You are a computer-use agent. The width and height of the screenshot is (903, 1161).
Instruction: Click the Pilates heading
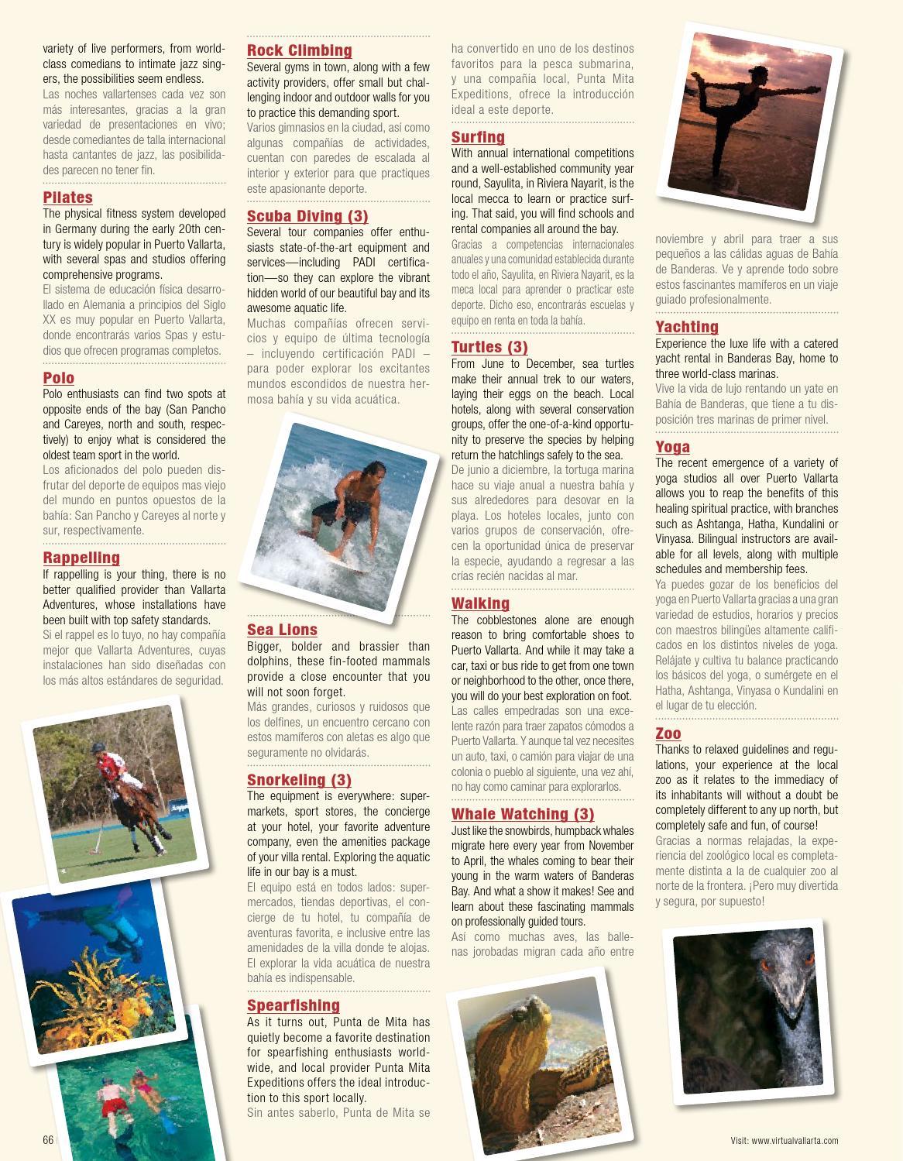(67, 198)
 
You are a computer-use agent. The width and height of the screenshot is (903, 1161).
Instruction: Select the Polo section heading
(58, 378)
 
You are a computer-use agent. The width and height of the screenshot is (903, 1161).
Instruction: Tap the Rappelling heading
(81, 558)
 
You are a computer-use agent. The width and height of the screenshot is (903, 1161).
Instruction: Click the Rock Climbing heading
(299, 51)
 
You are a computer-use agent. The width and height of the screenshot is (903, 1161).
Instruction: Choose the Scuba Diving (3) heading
(307, 216)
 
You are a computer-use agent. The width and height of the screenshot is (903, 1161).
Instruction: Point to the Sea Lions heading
(282, 630)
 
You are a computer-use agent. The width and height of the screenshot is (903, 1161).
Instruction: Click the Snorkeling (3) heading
(299, 780)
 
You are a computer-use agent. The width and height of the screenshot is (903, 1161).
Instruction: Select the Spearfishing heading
(294, 1005)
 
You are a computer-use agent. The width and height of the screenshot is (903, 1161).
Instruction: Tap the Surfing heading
(478, 138)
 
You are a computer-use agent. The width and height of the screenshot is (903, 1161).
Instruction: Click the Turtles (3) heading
(489, 347)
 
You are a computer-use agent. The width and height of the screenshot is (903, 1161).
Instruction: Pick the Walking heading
(480, 603)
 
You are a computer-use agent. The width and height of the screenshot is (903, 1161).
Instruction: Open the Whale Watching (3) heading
(523, 814)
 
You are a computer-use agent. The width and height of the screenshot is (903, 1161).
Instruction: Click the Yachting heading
(687, 327)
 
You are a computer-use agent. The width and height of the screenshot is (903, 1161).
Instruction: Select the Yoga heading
(672, 447)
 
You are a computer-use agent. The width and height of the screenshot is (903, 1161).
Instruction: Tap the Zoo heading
(668, 733)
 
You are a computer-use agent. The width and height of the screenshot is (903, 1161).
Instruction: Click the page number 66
(48, 1140)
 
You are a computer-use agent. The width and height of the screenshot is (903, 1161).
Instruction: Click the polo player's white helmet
(98, 749)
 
